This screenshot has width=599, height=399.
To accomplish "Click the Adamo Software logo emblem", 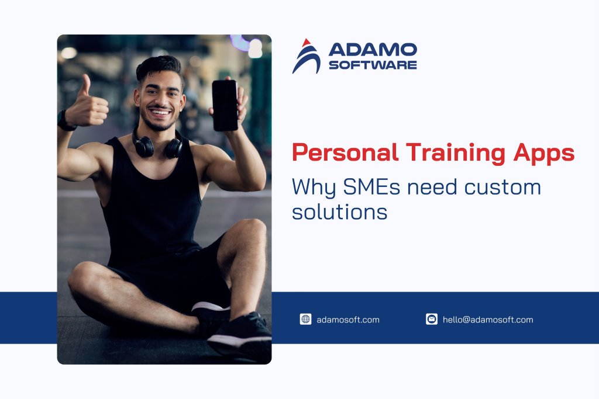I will click(306, 57).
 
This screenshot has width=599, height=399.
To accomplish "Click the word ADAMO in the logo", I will click(373, 50).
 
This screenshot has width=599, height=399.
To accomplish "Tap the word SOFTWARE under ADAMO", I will click(373, 64).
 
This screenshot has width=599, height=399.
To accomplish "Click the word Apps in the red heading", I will click(543, 153).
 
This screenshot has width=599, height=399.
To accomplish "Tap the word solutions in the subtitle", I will click(339, 211).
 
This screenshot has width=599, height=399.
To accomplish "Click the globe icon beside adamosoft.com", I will click(305, 319).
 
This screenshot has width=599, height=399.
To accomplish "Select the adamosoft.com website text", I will click(348, 320).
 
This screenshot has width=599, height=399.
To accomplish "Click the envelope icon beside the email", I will click(432, 319).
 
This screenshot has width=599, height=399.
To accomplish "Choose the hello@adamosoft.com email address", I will click(488, 320).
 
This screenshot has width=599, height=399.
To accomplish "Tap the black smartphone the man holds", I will click(225, 105).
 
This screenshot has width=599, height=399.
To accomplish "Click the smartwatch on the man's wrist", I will click(64, 121).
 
